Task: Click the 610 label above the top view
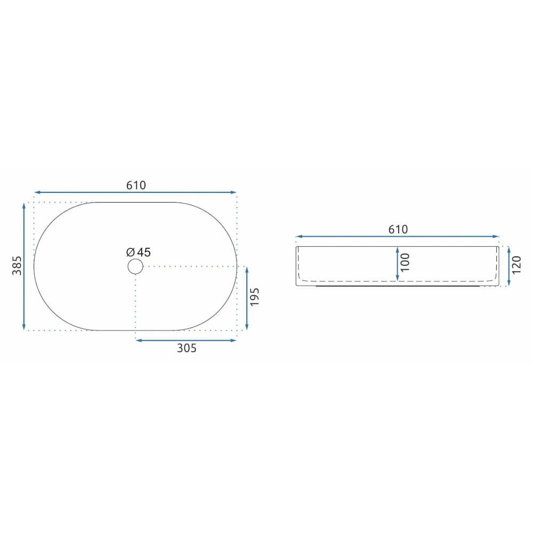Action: (x=136, y=185)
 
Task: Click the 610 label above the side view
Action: (x=398, y=229)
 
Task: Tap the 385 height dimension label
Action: (x=17, y=265)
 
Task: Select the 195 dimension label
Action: (x=255, y=297)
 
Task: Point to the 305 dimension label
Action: (x=187, y=348)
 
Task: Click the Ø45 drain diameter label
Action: (x=139, y=252)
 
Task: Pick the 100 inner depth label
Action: (x=405, y=262)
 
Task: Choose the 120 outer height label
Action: (x=516, y=265)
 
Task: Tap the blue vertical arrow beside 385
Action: (x=24, y=266)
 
